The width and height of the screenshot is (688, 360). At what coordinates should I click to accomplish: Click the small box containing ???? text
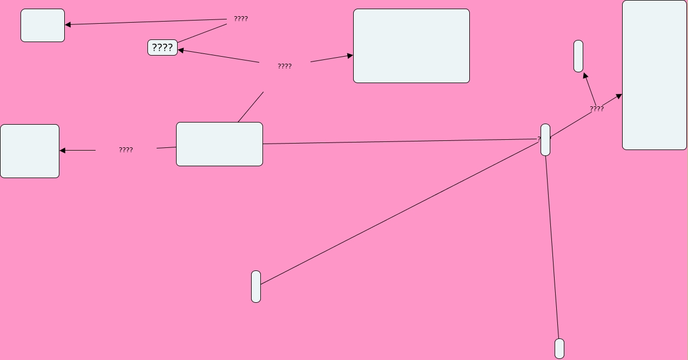[x=163, y=47]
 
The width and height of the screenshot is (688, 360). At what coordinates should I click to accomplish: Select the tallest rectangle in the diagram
[x=654, y=75]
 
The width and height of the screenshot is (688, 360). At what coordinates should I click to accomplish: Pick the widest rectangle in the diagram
[x=411, y=46]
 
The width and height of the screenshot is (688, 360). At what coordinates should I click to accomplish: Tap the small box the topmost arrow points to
[x=43, y=25]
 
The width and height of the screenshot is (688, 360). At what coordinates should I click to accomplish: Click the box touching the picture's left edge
[x=30, y=151]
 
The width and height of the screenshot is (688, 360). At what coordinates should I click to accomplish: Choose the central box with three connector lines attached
[x=219, y=144]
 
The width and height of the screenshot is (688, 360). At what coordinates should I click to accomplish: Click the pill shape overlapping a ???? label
[x=545, y=140]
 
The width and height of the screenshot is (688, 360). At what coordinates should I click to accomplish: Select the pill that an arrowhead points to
[x=578, y=56]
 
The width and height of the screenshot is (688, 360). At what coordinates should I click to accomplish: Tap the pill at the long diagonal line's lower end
[x=256, y=287]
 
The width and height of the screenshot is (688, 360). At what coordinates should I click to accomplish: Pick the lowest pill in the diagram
[x=559, y=349]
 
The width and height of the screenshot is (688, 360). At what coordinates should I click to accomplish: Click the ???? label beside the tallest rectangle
[x=597, y=109]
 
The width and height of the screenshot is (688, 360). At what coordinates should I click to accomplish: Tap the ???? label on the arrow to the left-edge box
[x=126, y=150]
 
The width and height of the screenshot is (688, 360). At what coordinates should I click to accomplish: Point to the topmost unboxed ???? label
[x=241, y=19]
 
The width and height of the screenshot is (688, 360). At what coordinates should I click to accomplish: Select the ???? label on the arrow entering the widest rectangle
[x=285, y=66]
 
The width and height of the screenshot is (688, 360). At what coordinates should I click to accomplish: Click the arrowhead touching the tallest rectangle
[x=619, y=97]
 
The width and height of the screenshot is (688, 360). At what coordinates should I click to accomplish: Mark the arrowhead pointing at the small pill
[x=585, y=76]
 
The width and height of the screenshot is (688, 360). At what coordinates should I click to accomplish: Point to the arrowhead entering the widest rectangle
[x=350, y=56]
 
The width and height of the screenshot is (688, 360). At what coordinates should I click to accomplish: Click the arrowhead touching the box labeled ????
[x=181, y=50]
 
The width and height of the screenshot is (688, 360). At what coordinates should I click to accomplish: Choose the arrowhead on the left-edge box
[x=63, y=151]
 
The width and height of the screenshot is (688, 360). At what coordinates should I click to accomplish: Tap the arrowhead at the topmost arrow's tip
[x=68, y=24]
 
